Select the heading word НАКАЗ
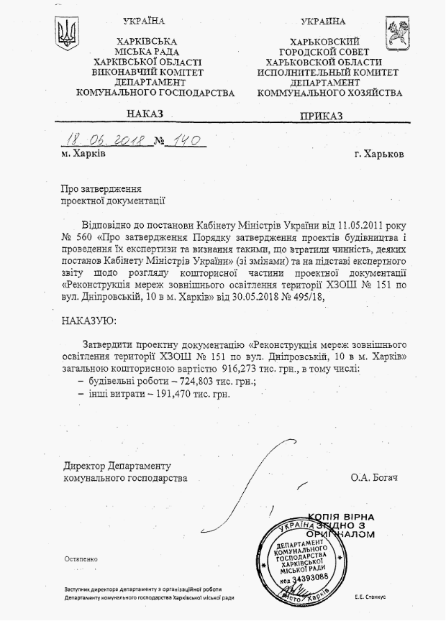click(x=145, y=114)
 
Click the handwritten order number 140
click(x=185, y=139)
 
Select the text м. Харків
click(x=83, y=154)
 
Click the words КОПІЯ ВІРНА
click(x=340, y=517)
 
